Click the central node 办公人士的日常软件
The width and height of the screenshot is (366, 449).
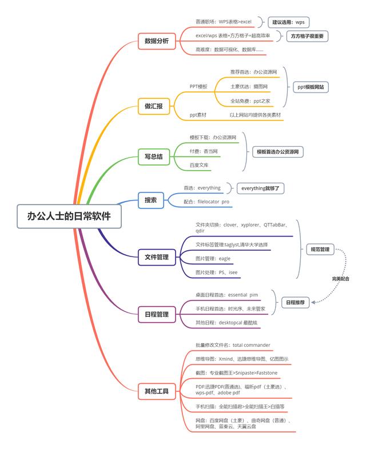(69, 216)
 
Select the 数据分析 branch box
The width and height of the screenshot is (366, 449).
(156, 41)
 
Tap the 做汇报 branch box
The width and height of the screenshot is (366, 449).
(153, 106)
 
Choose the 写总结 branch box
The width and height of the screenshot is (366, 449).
(154, 156)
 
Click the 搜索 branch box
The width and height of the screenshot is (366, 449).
(151, 199)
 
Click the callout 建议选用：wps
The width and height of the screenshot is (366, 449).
(288, 22)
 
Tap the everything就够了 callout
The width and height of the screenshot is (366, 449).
(260, 187)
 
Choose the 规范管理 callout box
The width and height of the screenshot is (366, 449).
(320, 250)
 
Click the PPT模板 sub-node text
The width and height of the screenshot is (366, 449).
(198, 87)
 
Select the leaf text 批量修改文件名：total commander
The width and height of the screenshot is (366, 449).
(233, 345)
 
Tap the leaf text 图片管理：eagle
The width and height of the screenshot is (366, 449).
(213, 258)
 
